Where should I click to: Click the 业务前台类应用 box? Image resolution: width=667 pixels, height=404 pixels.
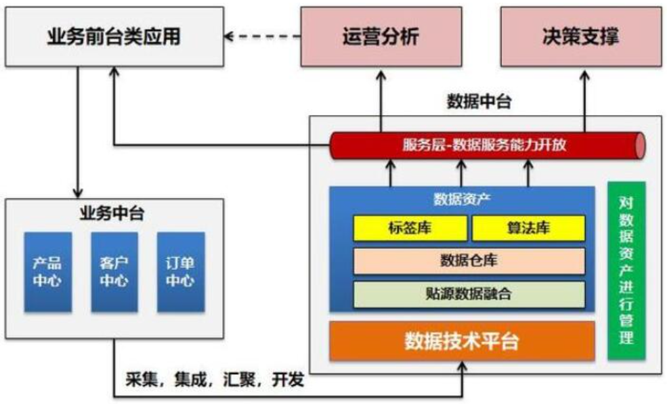(114, 37)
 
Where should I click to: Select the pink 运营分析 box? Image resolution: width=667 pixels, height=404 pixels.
(381, 37)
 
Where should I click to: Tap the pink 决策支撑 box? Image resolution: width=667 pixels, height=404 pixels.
(581, 37)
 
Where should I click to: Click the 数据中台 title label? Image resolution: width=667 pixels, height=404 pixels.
(479, 102)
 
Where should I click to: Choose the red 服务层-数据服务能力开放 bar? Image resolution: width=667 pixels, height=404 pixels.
(488, 145)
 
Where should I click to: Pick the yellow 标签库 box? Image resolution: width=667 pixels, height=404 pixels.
(410, 228)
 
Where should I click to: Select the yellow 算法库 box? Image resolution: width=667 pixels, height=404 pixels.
(528, 228)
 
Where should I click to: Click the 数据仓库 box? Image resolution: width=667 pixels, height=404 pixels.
(469, 261)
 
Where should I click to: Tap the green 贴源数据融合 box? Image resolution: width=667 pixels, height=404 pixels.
(469, 294)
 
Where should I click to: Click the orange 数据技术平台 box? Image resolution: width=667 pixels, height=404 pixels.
(462, 341)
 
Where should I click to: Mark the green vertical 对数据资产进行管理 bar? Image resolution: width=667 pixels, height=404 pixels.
(626, 271)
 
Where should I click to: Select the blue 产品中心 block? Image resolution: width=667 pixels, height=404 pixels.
(47, 272)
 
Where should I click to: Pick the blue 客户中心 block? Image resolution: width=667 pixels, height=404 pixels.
(114, 272)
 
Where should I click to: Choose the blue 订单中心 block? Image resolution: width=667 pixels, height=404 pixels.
(181, 272)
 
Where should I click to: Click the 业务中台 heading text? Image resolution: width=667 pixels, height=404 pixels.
(112, 213)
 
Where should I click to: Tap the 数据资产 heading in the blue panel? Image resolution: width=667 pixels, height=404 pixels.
(462, 199)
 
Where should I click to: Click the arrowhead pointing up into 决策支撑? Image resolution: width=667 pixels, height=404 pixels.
(585, 75)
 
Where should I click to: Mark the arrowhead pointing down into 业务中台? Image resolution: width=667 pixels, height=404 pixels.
(77, 193)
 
